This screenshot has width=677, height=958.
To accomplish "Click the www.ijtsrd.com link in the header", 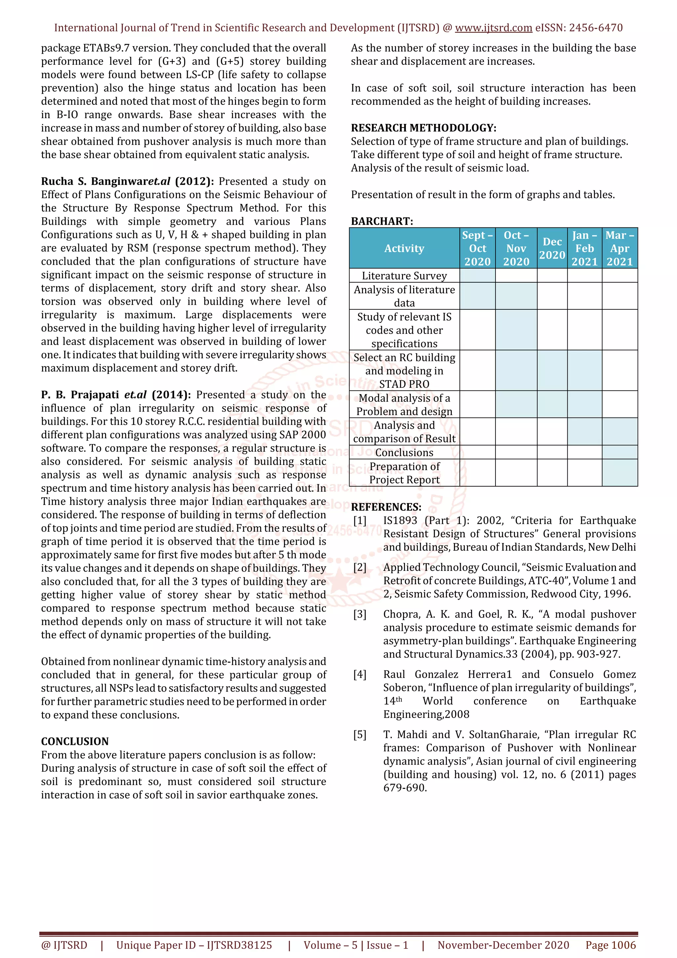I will coord(493,28).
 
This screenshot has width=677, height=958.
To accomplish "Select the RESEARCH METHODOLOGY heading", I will coord(423,128).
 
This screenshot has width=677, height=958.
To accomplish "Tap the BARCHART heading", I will coord(382,221).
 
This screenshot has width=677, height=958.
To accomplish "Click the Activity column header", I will coord(404,248).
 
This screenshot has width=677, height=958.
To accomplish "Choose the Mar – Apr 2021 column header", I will coord(619,248).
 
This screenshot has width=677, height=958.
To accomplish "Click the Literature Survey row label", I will coord(404,276).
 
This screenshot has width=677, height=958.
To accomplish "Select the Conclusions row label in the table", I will coord(404,453).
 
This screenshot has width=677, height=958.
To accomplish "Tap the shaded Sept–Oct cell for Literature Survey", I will coord(477,276).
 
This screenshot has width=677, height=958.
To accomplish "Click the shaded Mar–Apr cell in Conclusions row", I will coord(619,453).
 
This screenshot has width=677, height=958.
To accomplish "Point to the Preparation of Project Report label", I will coord(404,473).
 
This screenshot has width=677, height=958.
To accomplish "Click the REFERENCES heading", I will coord(386,507).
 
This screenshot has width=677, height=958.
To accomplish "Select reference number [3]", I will coord(360,615).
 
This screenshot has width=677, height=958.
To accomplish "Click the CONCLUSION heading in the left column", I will coord(75,741).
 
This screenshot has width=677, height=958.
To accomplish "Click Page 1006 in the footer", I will coord(610,945).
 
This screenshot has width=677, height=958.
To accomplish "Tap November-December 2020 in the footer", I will coord(503,945).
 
